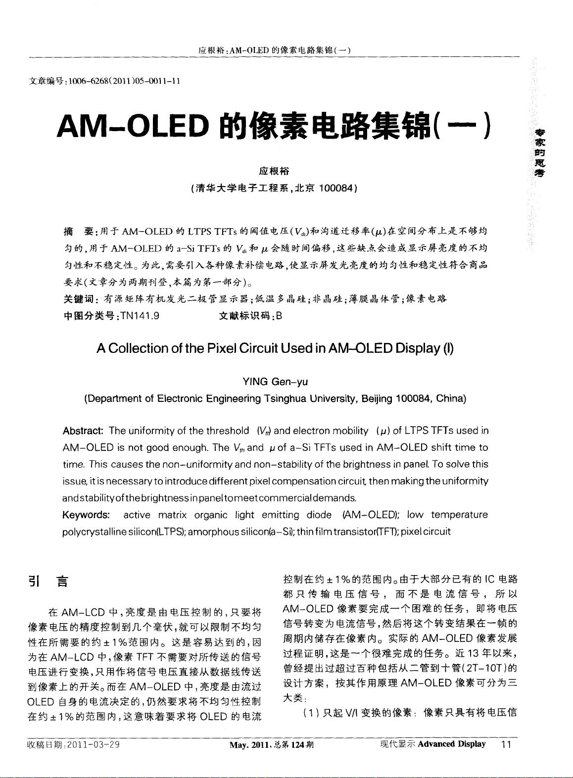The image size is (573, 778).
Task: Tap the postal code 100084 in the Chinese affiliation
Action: pos(335,188)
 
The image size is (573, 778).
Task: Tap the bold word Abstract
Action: pos(83,431)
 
